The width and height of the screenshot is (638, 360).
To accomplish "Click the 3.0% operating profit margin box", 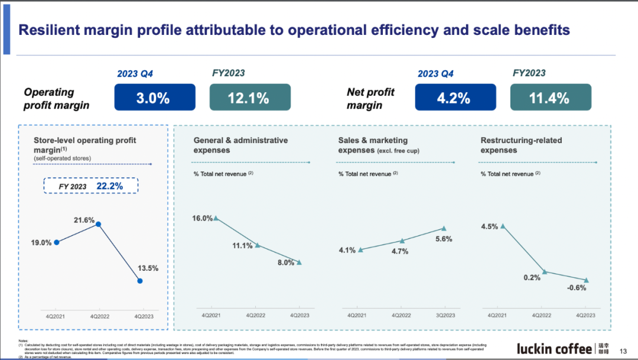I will tap(155, 97).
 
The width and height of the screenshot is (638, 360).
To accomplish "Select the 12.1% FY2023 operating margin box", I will tap(250, 97).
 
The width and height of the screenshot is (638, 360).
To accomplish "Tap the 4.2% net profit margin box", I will tap(455, 97).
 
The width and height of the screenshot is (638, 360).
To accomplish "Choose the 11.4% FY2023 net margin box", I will tap(550, 97).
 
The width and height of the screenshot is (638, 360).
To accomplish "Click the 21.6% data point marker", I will tap(99, 224).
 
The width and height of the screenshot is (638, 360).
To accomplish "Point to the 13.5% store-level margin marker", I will tap(139, 281).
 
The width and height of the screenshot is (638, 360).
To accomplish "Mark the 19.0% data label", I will tap(41, 242).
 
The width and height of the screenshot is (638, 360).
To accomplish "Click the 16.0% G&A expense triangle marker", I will tap(216, 218).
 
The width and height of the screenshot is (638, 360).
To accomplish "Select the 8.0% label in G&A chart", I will tap(285, 262).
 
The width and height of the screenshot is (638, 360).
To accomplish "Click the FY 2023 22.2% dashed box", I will tap(91, 186).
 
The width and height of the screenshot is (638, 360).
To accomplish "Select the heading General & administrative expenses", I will tap(240, 145).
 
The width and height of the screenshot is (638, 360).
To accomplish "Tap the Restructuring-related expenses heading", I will tap(521, 145).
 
